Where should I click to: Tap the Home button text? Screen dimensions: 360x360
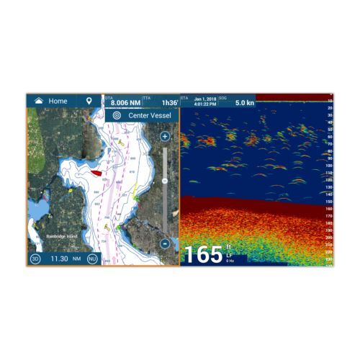click(x=58, y=102)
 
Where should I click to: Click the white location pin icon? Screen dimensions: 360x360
click(x=89, y=102)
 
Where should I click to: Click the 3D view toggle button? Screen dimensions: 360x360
click(x=35, y=258)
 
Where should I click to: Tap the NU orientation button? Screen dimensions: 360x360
click(x=92, y=258)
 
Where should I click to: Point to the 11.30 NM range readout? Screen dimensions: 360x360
click(x=63, y=258)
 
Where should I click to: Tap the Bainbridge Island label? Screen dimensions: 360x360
click(x=56, y=235)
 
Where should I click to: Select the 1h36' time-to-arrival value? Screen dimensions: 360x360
click(x=169, y=103)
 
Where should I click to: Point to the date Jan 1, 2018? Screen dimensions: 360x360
click(x=204, y=99)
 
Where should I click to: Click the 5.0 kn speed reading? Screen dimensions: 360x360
click(x=245, y=102)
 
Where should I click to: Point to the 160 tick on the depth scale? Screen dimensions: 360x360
click(x=329, y=208)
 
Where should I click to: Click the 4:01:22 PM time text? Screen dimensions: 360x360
click(x=206, y=104)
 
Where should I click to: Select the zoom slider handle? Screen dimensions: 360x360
click(x=164, y=180)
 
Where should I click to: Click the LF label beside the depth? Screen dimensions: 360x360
click(x=228, y=254)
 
